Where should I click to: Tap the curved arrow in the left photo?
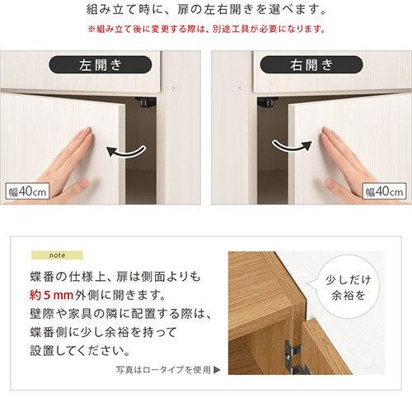[x=129, y=151]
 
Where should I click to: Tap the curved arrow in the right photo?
[x=290, y=146]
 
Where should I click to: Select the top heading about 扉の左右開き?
[x=205, y=12]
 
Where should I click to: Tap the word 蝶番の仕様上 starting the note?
[x=78, y=275]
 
